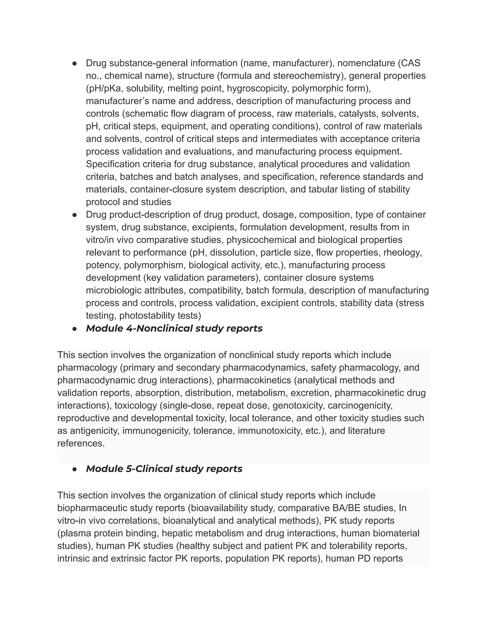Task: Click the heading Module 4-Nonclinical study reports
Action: [174, 328]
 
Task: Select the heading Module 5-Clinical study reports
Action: [164, 469]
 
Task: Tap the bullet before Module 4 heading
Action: [74, 329]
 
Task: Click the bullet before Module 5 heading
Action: [74, 469]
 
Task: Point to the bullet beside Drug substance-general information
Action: [74, 63]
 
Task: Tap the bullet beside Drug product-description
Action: [74, 215]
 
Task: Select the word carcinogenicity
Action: [360, 405]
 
